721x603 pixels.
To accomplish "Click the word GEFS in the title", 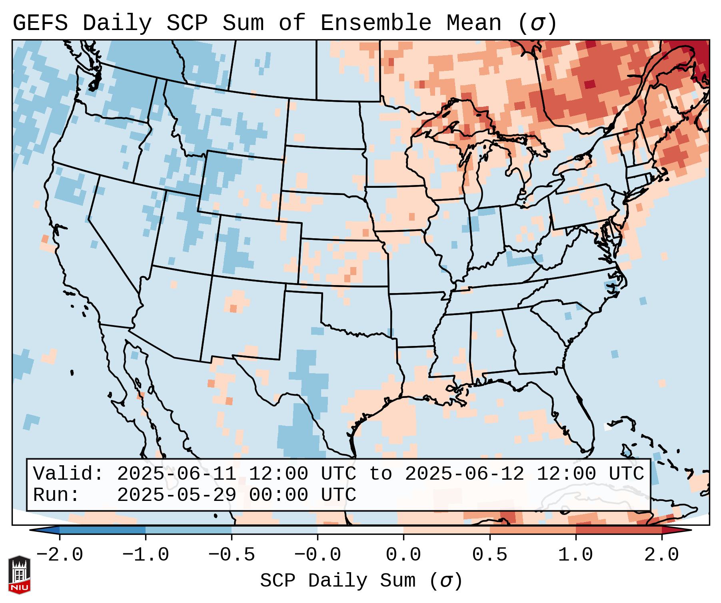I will (40, 23).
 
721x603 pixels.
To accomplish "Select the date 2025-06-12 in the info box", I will (464, 474).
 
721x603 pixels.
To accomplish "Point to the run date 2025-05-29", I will (176, 495).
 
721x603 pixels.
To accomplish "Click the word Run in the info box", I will (56, 495).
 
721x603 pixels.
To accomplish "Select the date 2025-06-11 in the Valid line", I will (176, 474).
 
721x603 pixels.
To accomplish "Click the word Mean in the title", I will (474, 23).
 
